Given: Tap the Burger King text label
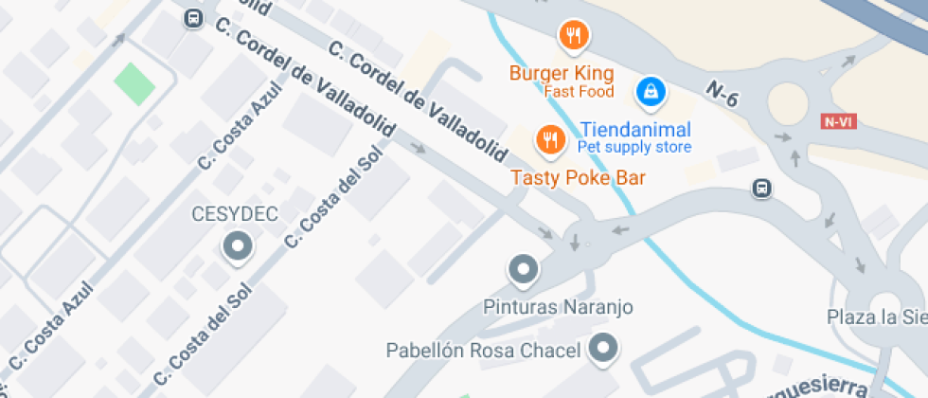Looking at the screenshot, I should point(562,73).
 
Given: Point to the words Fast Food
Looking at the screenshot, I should point(579,92).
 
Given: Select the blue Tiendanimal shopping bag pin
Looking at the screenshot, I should point(651,92).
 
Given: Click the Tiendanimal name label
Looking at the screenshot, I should point(635,129).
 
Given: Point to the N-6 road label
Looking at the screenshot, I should point(722,91).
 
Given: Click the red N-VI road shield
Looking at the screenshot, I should point(836,121).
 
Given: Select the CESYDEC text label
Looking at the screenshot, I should point(235,214).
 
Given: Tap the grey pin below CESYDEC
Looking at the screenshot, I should point(237,248).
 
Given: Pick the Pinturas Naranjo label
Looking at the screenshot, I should point(558,307).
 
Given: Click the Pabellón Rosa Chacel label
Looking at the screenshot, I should point(483,351).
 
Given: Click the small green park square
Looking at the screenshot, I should point(134,83).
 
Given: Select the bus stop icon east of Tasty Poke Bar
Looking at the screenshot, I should point(760,189).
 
